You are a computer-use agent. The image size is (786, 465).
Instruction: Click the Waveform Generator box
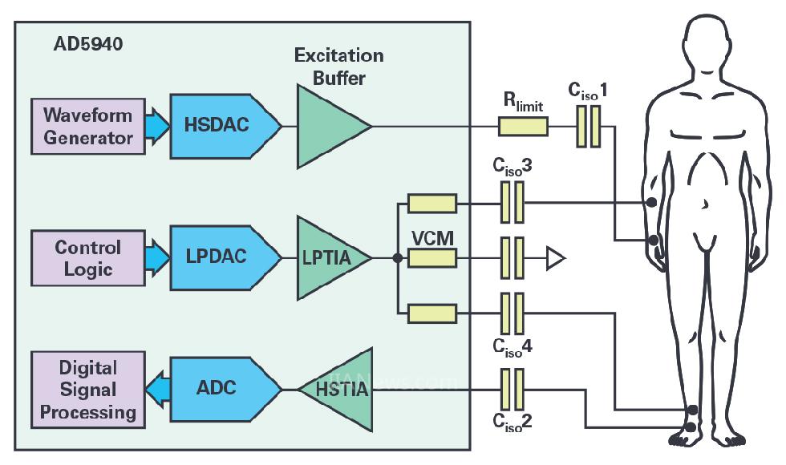pos(88,126)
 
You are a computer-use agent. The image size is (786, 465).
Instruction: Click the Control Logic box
pos(88,258)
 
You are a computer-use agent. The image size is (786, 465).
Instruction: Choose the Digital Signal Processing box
pos(88,390)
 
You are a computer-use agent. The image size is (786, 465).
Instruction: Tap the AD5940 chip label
pos(87,45)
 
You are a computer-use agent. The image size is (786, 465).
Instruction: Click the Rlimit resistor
pos(524,126)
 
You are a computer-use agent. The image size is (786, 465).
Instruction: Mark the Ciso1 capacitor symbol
pos(589,127)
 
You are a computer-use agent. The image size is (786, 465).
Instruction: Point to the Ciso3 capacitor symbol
pos(512,203)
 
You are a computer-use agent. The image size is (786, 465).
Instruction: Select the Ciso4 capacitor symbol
pos(512,313)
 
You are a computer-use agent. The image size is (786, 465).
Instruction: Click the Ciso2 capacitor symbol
pos(512,390)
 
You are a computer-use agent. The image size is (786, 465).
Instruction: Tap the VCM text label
pos(433,238)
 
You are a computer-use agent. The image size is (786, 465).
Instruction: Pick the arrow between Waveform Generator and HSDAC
pos(158,126)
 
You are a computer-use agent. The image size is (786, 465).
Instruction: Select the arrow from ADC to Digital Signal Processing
pos(158,390)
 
